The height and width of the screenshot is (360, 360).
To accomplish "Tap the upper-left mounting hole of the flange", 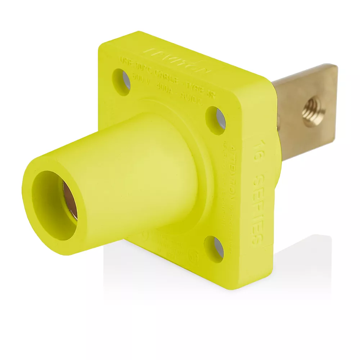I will pos(122,82).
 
